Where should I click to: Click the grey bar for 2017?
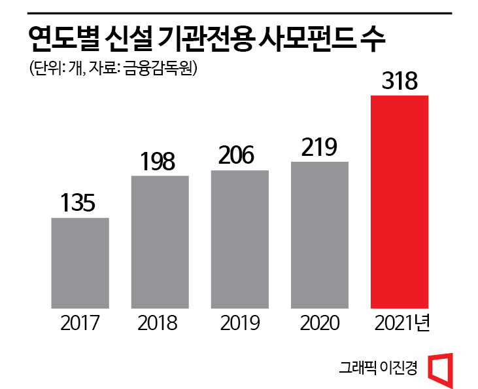tap(80, 262)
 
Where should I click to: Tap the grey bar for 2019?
tap(239, 238)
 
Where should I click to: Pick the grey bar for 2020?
tap(320, 234)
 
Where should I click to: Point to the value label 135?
tap(78, 203)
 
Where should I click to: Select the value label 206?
tap(239, 156)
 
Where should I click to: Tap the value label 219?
tap(319, 147)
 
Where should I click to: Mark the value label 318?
tap(399, 82)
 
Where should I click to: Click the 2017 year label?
tap(79, 323)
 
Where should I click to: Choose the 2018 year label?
tap(159, 323)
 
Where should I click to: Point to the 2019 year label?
tap(239, 323)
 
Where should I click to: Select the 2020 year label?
tap(320, 323)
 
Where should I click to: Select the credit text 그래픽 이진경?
tap(378, 367)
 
